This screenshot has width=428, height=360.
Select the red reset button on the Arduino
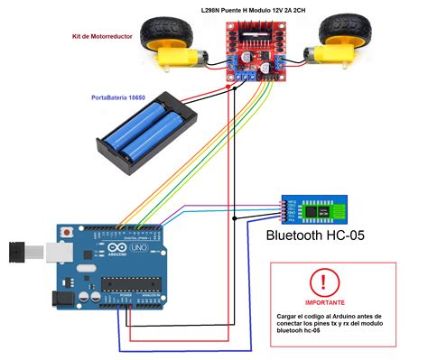[68, 232]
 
